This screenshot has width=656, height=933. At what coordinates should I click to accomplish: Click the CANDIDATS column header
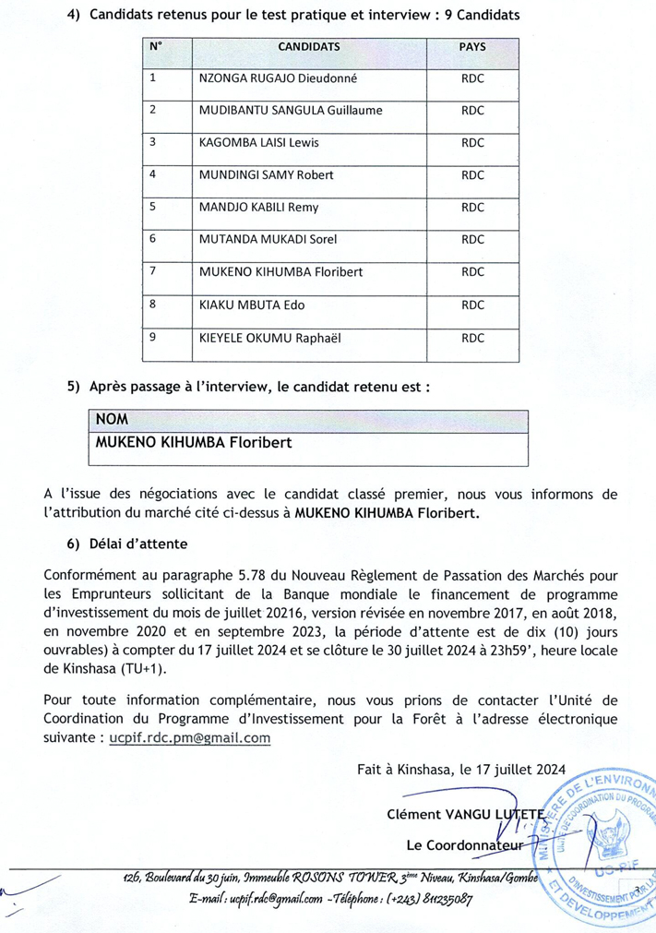point(308,46)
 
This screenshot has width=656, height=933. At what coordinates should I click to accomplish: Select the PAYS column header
point(471,46)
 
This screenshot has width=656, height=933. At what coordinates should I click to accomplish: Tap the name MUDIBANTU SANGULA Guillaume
point(290,111)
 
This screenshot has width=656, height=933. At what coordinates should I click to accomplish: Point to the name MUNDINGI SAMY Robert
point(266,174)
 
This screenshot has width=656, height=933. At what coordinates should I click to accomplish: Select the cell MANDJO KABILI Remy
point(258,207)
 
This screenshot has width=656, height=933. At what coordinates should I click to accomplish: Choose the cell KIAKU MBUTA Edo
point(252,304)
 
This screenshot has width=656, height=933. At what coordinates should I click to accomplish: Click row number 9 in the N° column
point(153,336)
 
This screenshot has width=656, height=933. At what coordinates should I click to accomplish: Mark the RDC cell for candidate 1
point(471,78)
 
